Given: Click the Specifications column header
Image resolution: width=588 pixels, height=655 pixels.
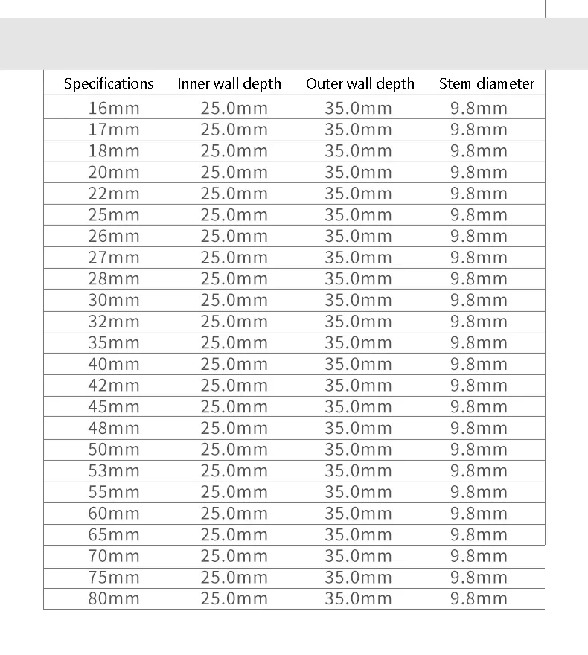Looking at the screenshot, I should click(109, 83).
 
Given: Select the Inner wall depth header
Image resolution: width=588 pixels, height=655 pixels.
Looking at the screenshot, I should click(229, 83).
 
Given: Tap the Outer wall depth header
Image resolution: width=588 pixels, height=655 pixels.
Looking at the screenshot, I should click(360, 83).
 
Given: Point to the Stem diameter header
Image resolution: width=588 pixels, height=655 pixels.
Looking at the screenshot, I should click(487, 83).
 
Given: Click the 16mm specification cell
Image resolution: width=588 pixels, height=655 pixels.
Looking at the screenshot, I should click(114, 108).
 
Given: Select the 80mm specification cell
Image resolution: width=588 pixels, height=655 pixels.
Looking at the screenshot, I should click(114, 598).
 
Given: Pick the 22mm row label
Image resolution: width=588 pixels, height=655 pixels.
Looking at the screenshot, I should click(114, 194).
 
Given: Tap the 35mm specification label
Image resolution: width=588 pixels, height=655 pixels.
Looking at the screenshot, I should click(114, 343).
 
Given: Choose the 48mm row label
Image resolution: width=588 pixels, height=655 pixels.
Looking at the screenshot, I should click(114, 428).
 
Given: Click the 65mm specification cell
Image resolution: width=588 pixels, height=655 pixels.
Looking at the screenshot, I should click(114, 534).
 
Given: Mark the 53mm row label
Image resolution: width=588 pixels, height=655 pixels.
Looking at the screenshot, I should click(114, 470).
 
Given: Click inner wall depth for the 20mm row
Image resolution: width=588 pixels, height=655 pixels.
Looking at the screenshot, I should click(234, 173).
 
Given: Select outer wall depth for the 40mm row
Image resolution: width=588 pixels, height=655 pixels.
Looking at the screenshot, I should click(358, 364).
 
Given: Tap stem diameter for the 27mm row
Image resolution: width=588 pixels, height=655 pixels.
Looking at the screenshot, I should click(479, 258).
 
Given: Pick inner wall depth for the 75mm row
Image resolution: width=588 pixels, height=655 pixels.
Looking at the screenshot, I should click(234, 577).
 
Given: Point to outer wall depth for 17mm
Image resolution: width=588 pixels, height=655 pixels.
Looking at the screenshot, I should click(358, 130).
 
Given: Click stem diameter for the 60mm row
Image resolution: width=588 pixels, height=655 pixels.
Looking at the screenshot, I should click(479, 513).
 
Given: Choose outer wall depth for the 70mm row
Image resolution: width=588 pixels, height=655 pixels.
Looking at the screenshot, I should click(358, 556).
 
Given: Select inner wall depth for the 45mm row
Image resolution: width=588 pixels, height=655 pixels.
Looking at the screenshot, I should click(234, 406).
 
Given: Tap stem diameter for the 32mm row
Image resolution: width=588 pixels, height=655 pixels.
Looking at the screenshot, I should click(479, 322).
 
